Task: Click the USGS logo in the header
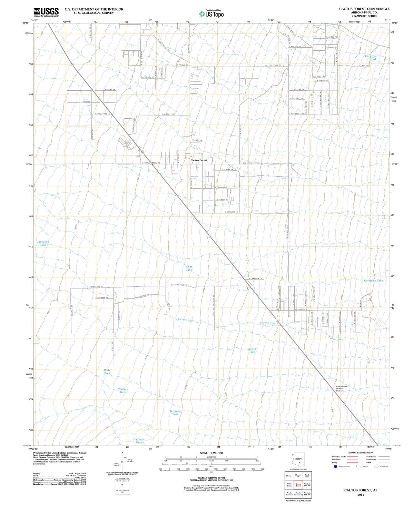tap(46, 12)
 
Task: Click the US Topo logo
tap(211, 14)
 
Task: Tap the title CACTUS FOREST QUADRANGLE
tap(364, 9)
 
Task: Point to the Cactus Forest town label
tap(199, 160)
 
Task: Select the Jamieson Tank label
tap(43, 243)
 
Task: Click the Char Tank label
tap(189, 268)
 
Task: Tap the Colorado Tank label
tap(373, 281)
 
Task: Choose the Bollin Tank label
tap(252, 350)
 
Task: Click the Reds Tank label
tap(107, 372)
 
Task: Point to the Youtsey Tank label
tap(123, 391)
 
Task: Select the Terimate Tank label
tap(175, 412)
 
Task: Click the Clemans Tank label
tap(139, 441)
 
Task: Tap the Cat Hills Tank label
tap(370, 57)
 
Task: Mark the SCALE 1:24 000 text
tap(211, 453)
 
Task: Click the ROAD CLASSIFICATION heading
tap(360, 452)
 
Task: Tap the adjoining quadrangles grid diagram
tap(298, 485)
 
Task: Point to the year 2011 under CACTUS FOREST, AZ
tap(360, 495)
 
